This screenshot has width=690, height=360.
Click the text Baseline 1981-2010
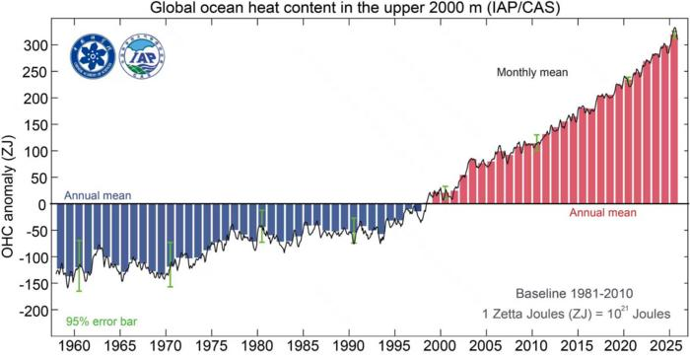click(577, 294)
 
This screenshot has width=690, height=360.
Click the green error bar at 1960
click(80, 265)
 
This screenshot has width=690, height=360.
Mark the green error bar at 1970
click(171, 263)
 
